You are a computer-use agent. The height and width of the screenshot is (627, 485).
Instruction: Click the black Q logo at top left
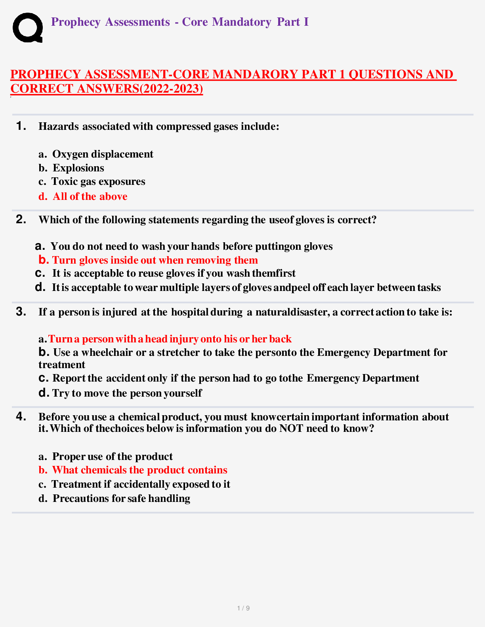tap(28, 27)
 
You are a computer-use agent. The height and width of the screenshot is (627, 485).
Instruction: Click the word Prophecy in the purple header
tap(76, 22)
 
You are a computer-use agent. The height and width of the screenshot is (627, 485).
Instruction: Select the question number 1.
tap(21, 126)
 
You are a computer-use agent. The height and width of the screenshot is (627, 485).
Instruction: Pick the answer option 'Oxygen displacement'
tap(103, 154)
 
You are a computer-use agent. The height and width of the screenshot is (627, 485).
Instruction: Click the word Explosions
tap(78, 168)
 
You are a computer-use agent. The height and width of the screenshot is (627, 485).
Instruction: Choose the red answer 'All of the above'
tap(90, 196)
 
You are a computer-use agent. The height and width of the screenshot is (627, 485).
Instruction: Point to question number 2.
tap(21, 219)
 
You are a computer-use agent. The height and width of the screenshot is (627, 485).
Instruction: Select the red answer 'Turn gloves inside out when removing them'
tap(155, 260)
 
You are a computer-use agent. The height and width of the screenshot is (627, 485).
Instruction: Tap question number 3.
tap(21, 312)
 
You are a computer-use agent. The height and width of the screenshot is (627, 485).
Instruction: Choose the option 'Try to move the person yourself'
tap(127, 393)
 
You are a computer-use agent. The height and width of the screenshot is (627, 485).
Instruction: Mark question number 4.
tap(21, 416)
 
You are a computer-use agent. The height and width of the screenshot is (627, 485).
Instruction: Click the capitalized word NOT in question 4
tap(291, 429)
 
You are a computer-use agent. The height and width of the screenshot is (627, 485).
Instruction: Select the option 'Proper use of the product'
tap(113, 456)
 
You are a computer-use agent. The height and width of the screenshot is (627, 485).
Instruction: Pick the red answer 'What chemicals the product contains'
tap(139, 470)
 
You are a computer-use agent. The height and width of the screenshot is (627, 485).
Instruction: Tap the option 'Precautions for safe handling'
tap(121, 498)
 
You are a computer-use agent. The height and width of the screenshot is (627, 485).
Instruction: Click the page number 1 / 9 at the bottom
tap(243, 608)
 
